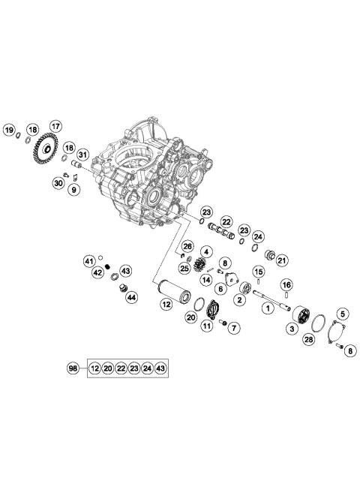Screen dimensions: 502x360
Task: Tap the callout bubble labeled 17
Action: (54, 125)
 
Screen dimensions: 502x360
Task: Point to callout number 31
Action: (82, 155)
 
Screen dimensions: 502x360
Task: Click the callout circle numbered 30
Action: (58, 182)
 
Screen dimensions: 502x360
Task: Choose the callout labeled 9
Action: (73, 190)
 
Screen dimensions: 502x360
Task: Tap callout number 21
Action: (282, 260)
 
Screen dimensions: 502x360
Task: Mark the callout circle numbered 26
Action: (187, 245)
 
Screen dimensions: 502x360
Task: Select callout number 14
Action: (205, 279)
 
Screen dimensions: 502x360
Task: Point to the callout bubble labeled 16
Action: (286, 284)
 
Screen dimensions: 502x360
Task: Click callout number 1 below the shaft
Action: (265, 307)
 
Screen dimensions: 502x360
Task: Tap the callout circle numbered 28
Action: (308, 340)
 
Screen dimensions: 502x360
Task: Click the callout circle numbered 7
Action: (233, 327)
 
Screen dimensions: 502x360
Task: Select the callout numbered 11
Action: (206, 326)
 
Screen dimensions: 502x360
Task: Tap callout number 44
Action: (131, 297)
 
